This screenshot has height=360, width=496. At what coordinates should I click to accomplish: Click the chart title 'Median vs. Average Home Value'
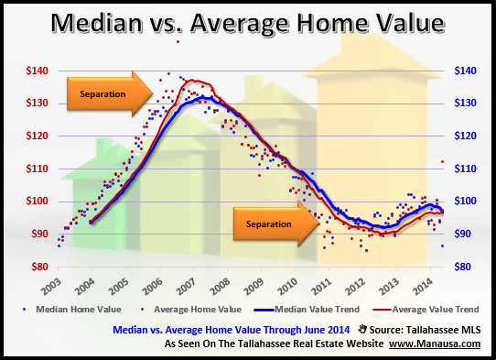click(x=247, y=21)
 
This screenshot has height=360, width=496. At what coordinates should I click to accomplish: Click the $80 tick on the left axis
click(x=38, y=267)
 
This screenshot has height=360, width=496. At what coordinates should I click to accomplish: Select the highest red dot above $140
click(x=178, y=42)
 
